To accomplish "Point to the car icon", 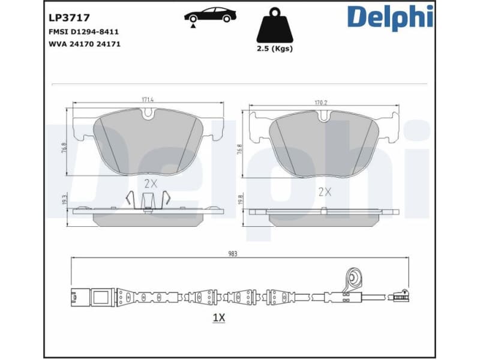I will [x=209, y=16].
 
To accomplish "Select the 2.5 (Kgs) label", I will [x=275, y=49].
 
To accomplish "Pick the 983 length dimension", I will [x=233, y=254].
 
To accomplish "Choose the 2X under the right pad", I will [x=325, y=192].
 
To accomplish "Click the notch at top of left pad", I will [x=148, y=112].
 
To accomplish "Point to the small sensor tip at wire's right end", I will [x=398, y=295].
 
